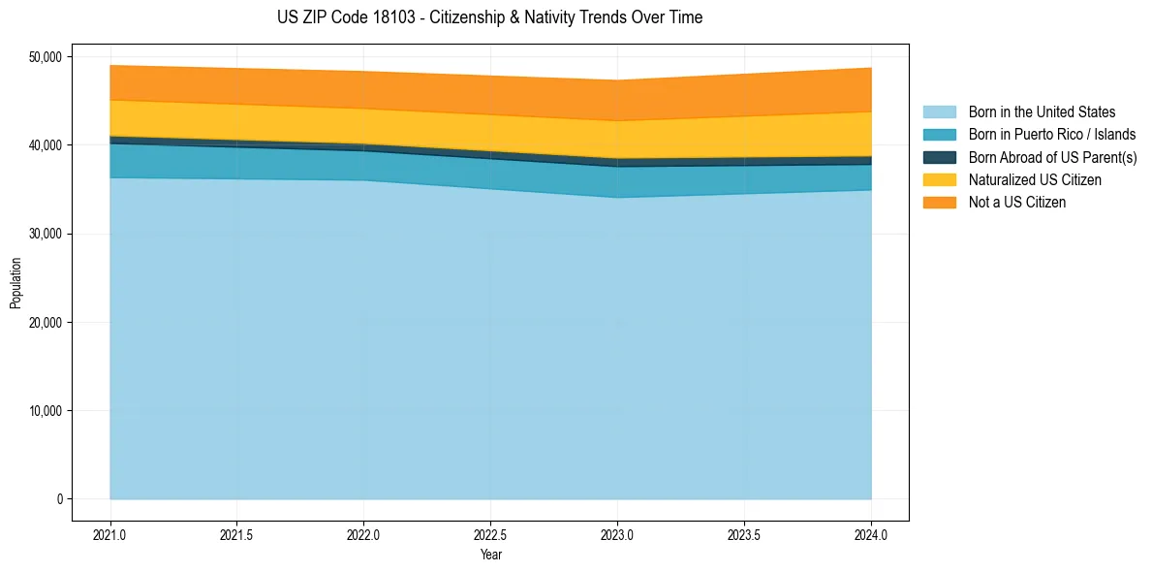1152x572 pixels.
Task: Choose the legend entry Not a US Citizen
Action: (x=1016, y=203)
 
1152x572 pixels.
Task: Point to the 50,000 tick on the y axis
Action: (x=46, y=57)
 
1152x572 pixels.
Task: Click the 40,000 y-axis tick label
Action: (x=46, y=145)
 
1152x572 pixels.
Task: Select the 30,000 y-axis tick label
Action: (x=46, y=234)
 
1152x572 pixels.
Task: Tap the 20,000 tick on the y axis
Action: (x=46, y=322)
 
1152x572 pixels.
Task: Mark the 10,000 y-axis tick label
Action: (x=46, y=411)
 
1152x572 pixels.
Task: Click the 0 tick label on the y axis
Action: (x=58, y=499)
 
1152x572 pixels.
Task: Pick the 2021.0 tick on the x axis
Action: (x=110, y=534)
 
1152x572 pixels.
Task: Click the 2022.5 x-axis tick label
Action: (x=491, y=534)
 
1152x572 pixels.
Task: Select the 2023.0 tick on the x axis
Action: (x=618, y=534)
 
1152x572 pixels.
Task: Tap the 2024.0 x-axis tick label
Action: (x=871, y=534)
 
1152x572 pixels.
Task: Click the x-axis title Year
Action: (x=491, y=555)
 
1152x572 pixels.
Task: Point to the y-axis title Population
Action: (x=16, y=283)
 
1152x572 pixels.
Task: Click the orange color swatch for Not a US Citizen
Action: (x=940, y=203)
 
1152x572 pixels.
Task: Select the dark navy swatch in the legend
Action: (x=940, y=157)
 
